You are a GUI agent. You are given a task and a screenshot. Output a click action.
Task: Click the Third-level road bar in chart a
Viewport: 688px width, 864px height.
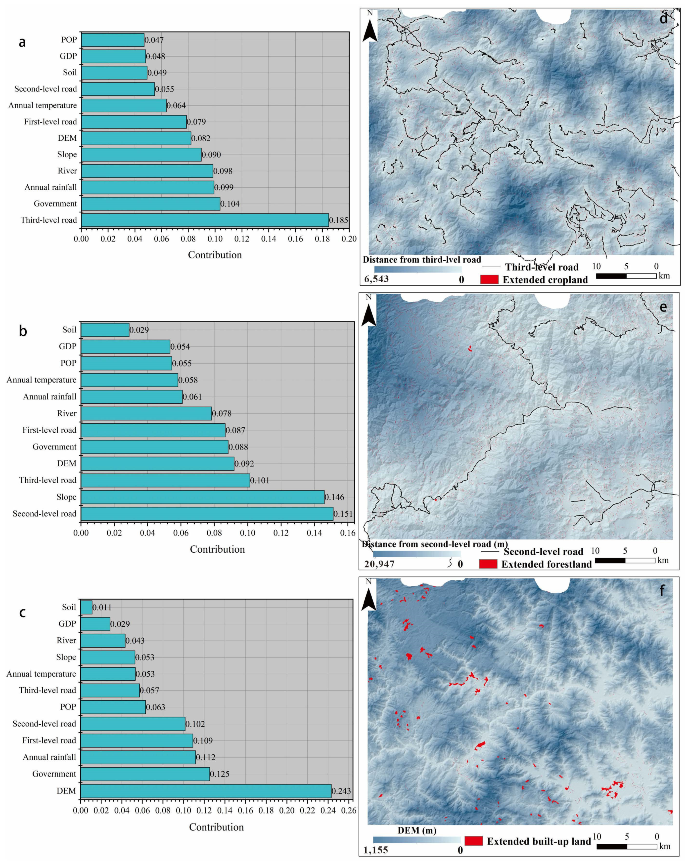[x=204, y=220]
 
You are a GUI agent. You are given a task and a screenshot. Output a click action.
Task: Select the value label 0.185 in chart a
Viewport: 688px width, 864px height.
[x=339, y=220]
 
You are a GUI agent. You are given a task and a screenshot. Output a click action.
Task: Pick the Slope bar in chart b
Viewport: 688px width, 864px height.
[x=202, y=497]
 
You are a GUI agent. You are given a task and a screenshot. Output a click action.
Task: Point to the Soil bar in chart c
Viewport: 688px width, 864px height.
[x=86, y=607]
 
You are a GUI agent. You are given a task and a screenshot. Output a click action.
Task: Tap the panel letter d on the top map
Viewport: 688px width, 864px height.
[x=664, y=18]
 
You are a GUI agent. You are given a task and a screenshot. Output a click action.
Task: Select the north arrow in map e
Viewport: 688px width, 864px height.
[x=369, y=312]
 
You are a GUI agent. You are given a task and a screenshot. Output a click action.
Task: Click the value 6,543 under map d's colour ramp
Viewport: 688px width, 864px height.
[x=376, y=279]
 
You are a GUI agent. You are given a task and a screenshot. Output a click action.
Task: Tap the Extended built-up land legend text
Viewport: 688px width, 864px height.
[x=539, y=841]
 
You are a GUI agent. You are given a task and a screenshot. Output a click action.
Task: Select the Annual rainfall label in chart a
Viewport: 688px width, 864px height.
[x=50, y=187]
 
